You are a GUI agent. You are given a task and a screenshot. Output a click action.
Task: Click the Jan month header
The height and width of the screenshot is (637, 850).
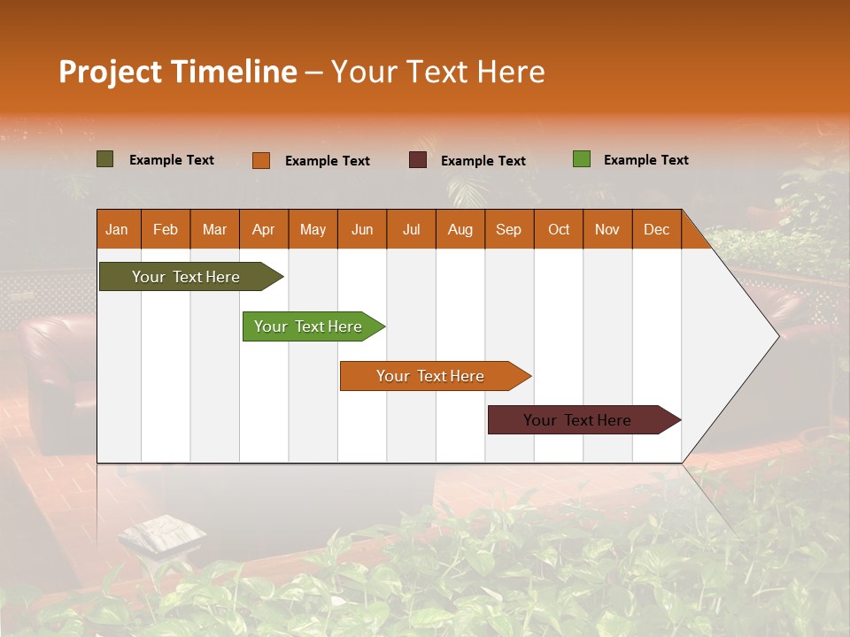pos(118,229)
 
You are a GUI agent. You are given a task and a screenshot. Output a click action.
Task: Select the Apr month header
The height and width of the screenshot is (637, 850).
pos(264,229)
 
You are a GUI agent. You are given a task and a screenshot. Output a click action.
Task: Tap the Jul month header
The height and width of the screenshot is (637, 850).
pos(411,229)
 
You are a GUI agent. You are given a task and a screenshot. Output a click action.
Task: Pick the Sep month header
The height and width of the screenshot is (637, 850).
pos(509,229)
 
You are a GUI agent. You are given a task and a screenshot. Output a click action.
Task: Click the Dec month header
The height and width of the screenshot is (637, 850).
pos(656,229)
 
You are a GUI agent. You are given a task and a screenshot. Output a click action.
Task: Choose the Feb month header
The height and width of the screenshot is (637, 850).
pos(166,229)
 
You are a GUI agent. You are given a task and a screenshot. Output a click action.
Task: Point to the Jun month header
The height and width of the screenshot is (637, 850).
pos(362,229)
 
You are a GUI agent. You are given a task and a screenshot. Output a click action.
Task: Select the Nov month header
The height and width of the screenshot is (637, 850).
pos(607,229)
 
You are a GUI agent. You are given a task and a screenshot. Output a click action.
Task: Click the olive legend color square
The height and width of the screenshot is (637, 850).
pos(105,159)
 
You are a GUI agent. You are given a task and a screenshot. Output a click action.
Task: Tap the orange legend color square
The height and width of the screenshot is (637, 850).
pos(261,160)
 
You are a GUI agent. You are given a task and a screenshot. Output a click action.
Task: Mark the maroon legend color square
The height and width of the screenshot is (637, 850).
pos(418,160)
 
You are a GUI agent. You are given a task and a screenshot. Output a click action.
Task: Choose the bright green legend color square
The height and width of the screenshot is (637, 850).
pos(582,159)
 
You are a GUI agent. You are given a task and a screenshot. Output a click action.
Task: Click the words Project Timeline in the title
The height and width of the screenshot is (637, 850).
pos(178,72)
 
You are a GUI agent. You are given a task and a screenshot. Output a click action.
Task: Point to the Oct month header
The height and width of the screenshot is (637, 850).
pos(559,229)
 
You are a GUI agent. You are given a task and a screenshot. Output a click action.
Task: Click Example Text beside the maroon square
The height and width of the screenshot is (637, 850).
pos(483,161)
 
